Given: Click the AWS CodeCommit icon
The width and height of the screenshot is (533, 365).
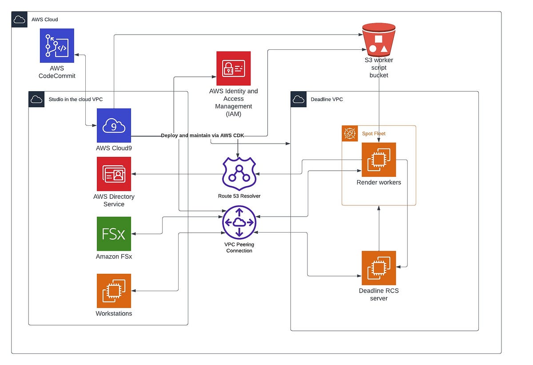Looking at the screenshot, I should coord(57,45).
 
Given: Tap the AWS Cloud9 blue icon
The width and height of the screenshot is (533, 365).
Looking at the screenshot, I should coord(114,125).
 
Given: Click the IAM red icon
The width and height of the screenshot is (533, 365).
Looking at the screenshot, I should coord(233,68).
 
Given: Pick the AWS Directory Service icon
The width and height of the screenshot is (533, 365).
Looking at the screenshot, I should coord(114,173).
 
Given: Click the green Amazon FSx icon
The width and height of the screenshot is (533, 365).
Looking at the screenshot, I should coord(114,233).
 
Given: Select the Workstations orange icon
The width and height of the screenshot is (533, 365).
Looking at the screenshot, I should coord(114,290).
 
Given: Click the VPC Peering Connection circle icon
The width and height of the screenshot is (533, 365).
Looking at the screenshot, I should coord(239,222).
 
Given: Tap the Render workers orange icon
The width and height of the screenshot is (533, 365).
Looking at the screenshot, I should coord(378,160).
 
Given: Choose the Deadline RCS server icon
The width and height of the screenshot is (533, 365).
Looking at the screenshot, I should coord(378,268).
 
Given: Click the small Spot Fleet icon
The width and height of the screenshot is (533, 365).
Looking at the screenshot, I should coord(350,133).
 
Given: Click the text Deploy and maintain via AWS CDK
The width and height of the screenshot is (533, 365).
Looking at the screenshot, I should coord(203,136).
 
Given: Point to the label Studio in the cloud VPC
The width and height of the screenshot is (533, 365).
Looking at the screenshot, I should coord(76,99).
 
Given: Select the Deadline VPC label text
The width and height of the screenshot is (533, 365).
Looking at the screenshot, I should coord(327,99).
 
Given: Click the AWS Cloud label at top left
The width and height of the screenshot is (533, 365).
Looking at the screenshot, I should coord(44,20).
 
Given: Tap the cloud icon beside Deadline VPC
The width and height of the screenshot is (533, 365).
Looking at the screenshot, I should coord(298,99).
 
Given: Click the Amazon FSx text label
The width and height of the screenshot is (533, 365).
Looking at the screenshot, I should coord(114,257).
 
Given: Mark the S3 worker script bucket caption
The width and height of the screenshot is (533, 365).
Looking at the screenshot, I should coord(378,68).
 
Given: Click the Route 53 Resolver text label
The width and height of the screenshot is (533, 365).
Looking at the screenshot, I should coord(239,196).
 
